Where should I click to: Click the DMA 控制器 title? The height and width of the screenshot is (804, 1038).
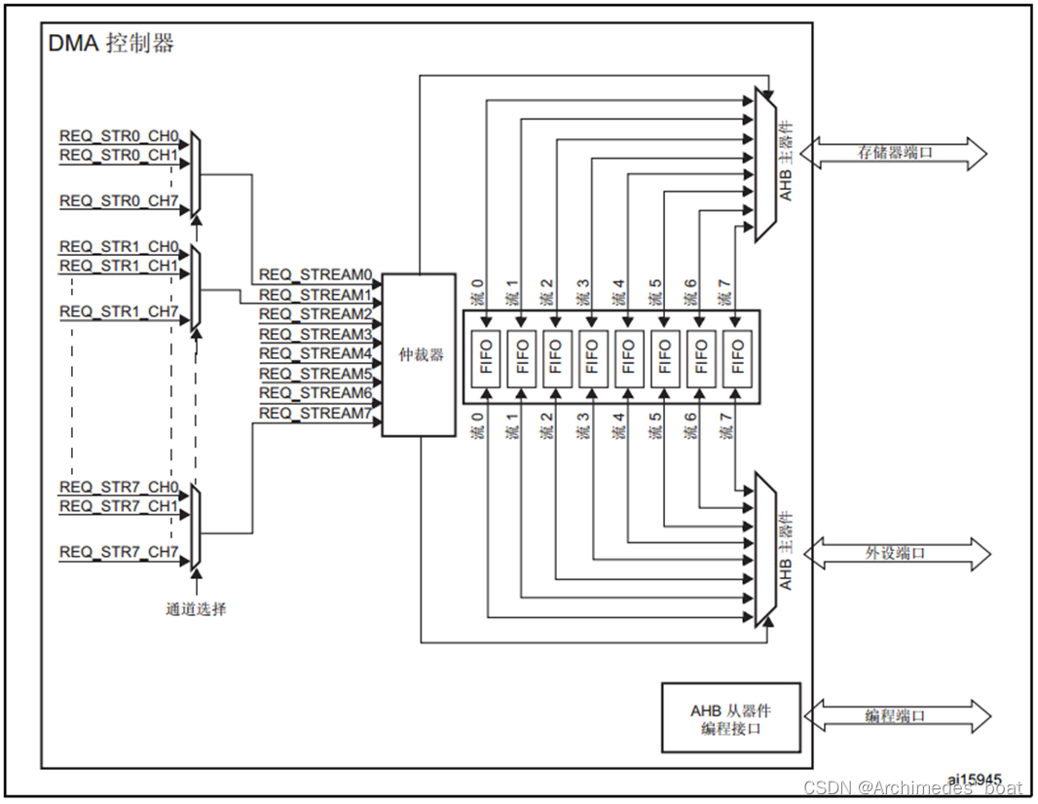pos(111,44)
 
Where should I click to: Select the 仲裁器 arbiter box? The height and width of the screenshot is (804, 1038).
pos(419,354)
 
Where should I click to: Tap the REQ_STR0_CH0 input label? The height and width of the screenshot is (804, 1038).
pos(119,136)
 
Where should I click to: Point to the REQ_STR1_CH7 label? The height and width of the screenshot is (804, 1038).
pos(119,311)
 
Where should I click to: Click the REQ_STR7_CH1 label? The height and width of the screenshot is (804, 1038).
pos(119,506)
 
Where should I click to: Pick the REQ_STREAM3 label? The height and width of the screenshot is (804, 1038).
pos(315,334)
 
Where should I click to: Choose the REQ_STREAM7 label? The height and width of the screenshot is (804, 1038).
pos(315,414)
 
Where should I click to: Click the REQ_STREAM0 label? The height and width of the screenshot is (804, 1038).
pos(315,274)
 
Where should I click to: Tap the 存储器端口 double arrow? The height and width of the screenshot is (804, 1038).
pos(894,154)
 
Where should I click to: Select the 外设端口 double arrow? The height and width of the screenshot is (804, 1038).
pos(897,553)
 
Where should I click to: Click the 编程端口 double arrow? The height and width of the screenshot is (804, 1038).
pos(897,716)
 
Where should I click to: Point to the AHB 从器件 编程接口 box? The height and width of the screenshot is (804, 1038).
pos(731,718)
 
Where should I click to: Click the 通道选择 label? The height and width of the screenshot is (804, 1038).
pos(196,608)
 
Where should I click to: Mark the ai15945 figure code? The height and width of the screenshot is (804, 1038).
pos(975,779)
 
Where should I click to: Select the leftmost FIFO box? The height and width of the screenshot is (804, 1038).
pos(487,357)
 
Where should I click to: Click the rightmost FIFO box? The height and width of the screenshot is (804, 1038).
pos(737,357)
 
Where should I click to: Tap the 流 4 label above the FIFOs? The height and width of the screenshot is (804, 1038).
pos(619,292)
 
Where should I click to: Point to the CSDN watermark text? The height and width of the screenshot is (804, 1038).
pos(913,787)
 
